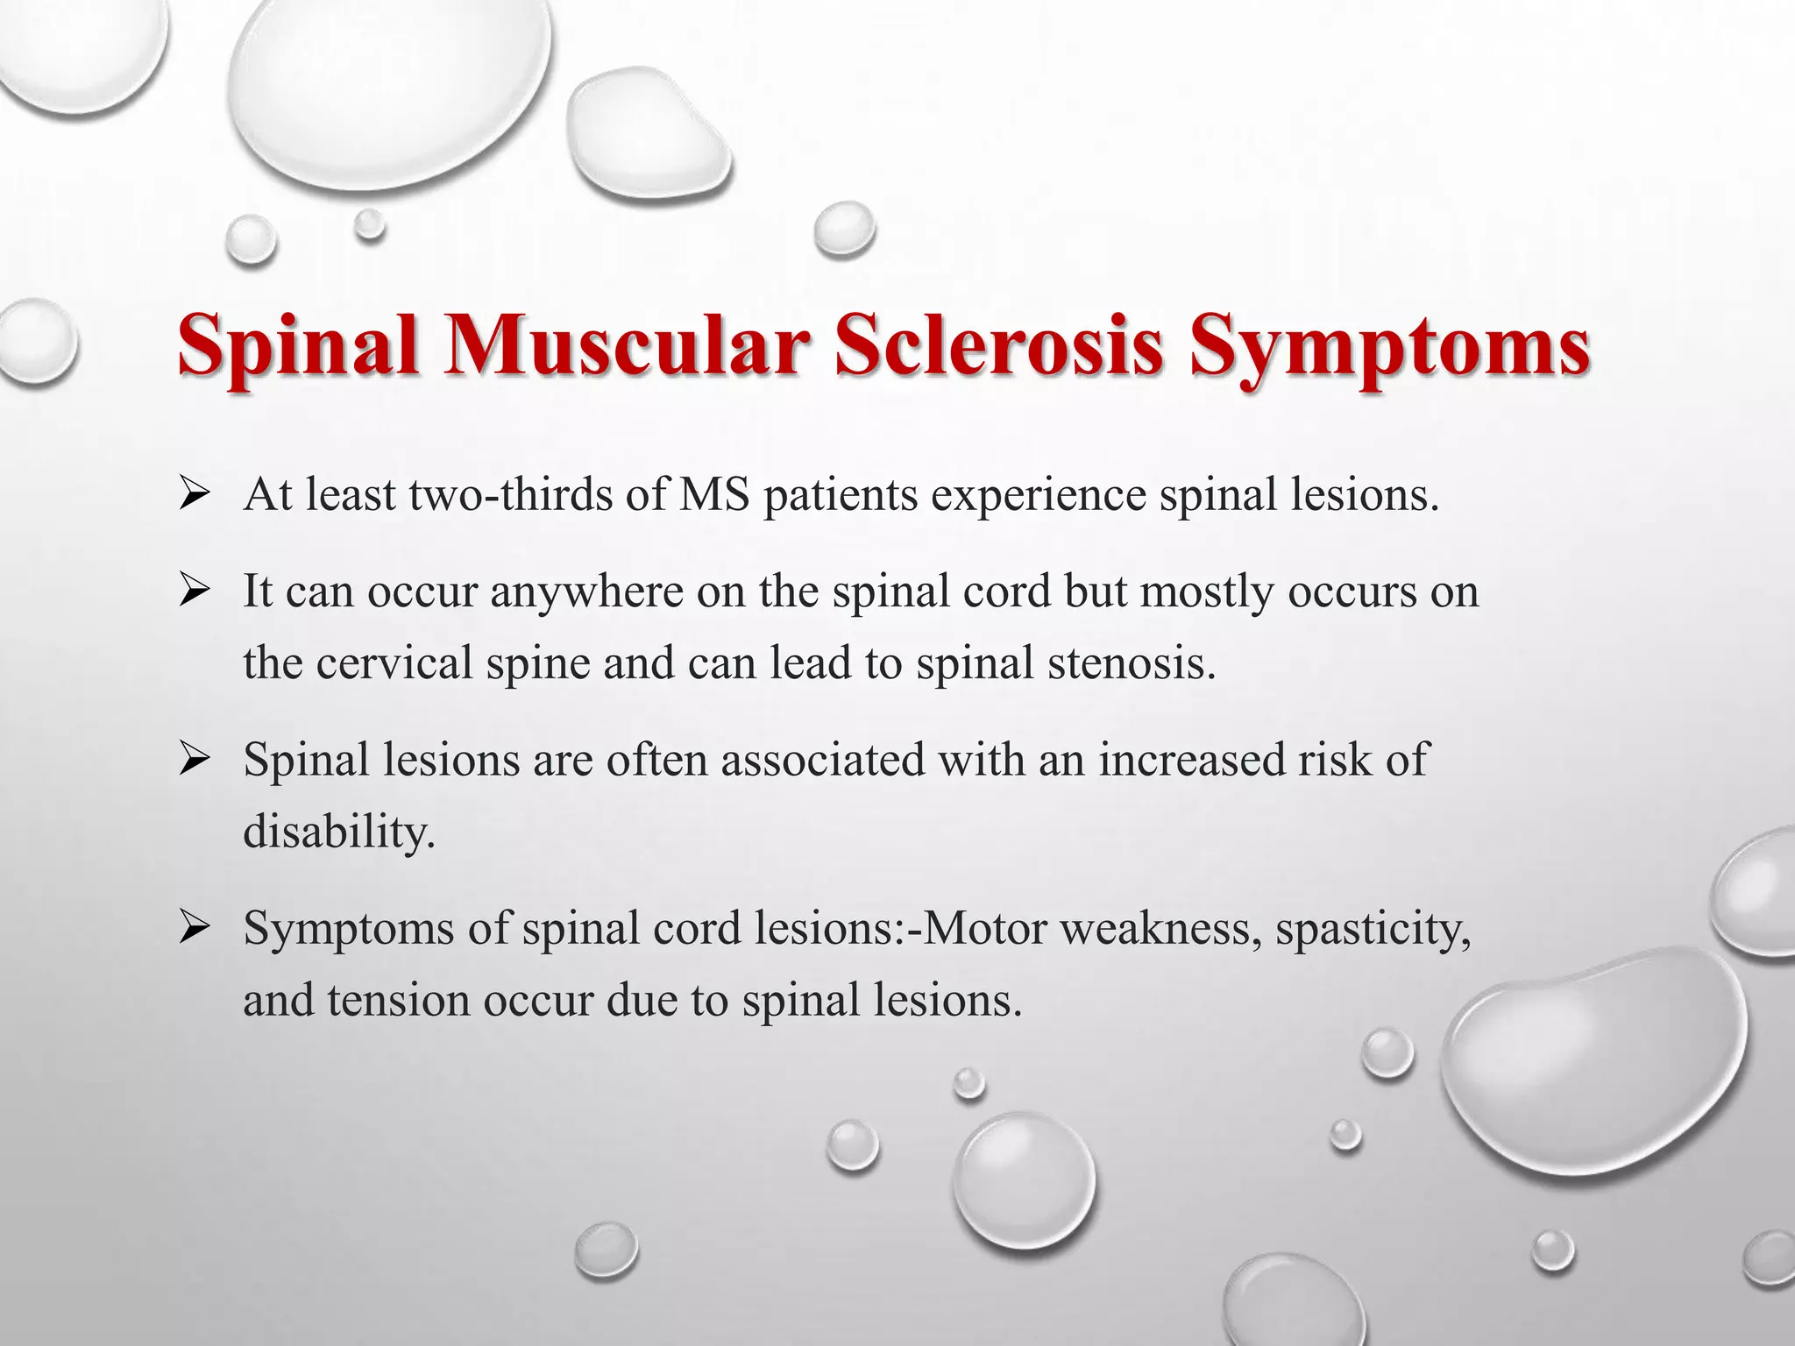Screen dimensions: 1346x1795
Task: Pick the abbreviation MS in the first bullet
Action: click(714, 496)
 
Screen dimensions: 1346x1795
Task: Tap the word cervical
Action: click(394, 663)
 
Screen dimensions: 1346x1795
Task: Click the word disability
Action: click(339, 832)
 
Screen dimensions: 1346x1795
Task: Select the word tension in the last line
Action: click(399, 1000)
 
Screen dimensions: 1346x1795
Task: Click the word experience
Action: click(1039, 496)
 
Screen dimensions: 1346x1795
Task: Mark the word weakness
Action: click(1162, 929)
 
